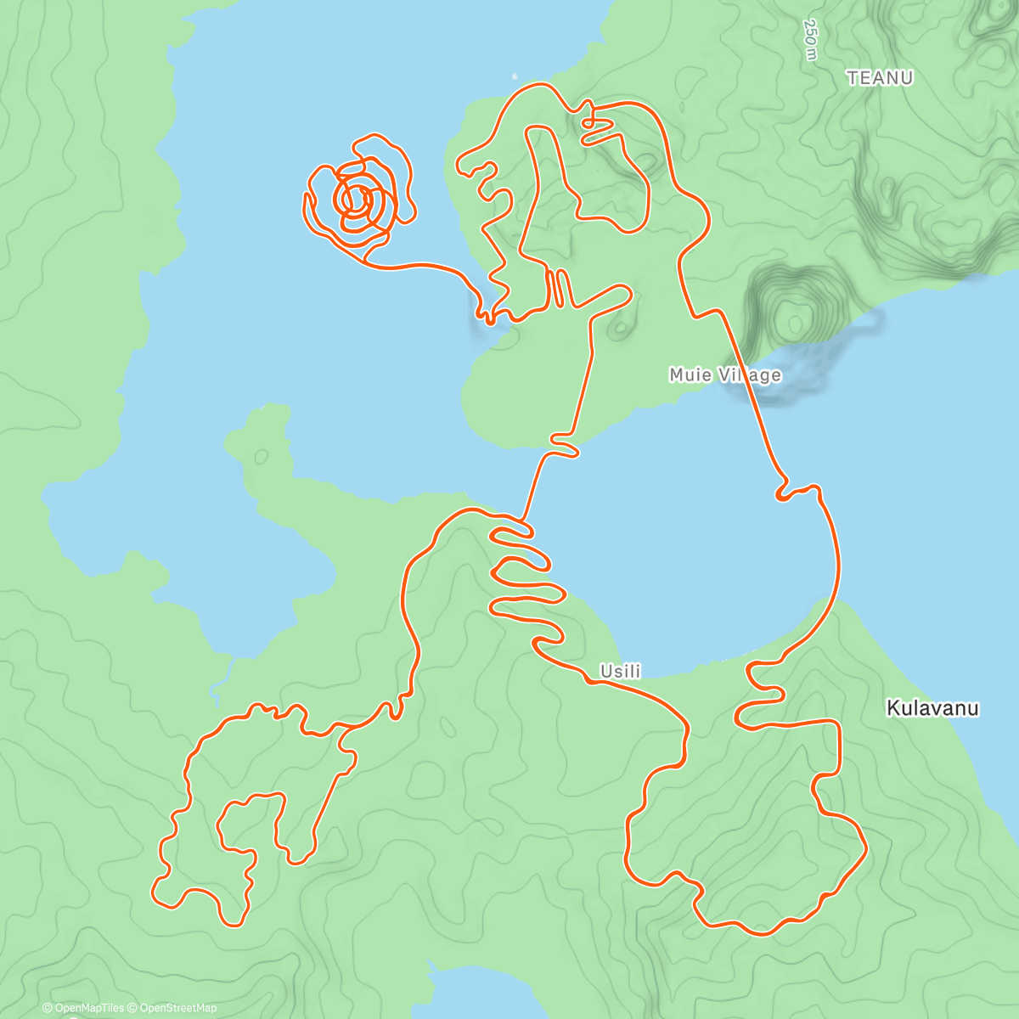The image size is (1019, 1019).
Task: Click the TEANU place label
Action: pyautogui.click(x=880, y=78)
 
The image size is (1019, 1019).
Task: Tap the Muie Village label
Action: pyautogui.click(x=724, y=374)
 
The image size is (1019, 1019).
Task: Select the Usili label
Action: pyautogui.click(x=620, y=672)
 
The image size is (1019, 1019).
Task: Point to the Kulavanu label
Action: pyautogui.click(x=932, y=707)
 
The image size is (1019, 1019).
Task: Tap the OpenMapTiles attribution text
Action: pyautogui.click(x=82, y=1008)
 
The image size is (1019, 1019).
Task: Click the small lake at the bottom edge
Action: pyautogui.click(x=476, y=994)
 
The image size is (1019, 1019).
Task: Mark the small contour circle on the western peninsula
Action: pyautogui.click(x=261, y=457)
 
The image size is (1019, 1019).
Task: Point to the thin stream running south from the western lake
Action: pyautogui.click(x=222, y=679)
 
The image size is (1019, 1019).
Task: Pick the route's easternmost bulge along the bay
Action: pyautogui.click(x=839, y=560)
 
